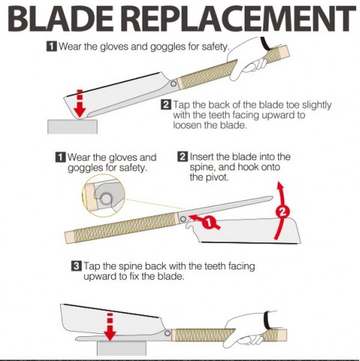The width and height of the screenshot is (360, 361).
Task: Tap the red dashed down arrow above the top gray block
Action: click(x=79, y=103)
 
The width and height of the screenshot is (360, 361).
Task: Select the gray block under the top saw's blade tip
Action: click(x=72, y=126)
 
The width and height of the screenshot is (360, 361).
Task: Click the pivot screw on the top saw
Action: click(x=173, y=83)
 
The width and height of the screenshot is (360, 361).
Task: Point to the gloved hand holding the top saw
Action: click(x=250, y=58)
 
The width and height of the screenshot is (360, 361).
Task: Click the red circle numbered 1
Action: click(x=208, y=222)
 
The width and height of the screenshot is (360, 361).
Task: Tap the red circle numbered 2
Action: click(x=283, y=212)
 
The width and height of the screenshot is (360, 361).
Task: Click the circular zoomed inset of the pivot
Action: click(x=103, y=196)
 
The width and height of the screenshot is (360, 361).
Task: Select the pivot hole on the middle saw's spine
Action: click(x=183, y=219)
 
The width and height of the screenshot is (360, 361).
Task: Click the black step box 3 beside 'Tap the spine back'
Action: click(x=76, y=266)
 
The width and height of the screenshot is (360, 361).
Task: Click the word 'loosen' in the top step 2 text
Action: click(x=187, y=125)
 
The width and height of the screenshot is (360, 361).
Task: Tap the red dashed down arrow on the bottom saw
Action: click(x=109, y=326)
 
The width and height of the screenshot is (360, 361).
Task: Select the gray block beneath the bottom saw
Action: click(x=121, y=348)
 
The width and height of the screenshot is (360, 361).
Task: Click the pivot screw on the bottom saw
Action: click(x=167, y=333)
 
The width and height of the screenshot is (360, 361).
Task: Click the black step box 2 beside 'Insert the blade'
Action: click(x=182, y=157)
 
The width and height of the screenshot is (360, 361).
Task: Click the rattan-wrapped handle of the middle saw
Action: click(x=122, y=227)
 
